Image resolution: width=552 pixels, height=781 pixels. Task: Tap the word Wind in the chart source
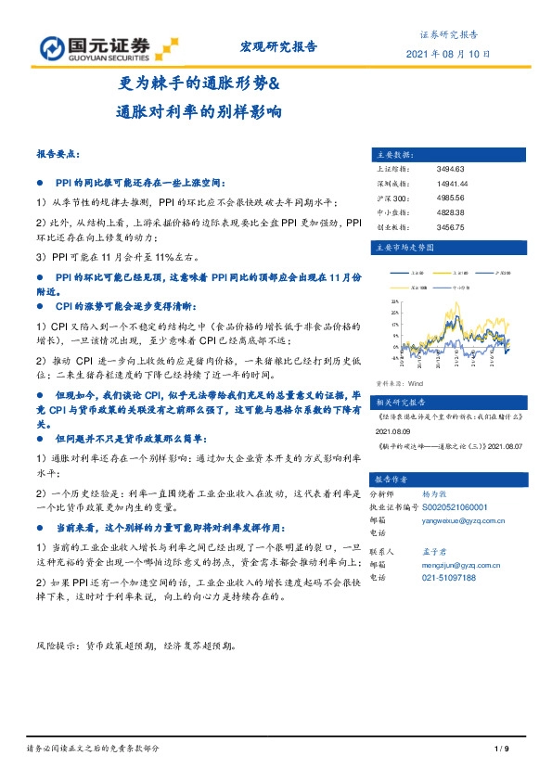[416, 382]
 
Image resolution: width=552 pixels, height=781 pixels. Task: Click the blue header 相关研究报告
[401, 403]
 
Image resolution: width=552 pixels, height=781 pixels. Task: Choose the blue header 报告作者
[392, 480]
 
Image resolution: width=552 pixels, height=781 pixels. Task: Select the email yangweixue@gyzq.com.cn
[469, 521]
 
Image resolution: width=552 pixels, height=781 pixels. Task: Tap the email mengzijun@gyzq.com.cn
[461, 564]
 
